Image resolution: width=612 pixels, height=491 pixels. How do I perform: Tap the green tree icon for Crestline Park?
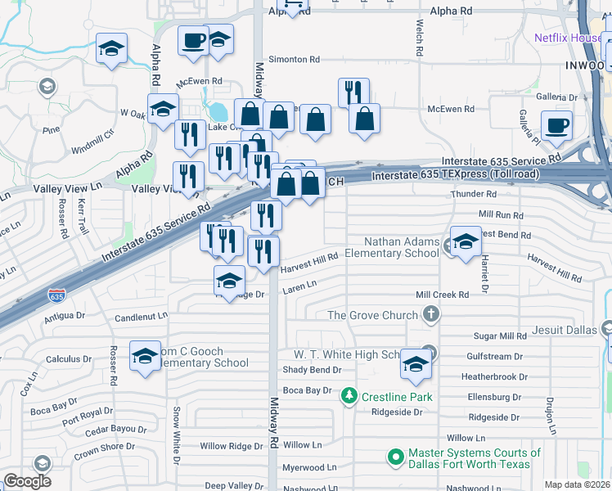click(x=349, y=396)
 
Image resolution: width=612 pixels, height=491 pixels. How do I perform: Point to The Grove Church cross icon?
click(x=430, y=314)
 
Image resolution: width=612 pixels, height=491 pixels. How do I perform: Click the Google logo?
click(x=27, y=481)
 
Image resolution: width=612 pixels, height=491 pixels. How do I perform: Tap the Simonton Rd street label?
click(x=295, y=60)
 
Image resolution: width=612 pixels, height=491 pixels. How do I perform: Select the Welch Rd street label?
click(x=420, y=38)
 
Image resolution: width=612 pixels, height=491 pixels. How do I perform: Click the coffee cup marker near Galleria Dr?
click(x=556, y=127)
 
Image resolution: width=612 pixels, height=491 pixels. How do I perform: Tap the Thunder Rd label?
click(x=474, y=195)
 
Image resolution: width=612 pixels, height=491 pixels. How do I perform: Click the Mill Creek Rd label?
click(x=442, y=295)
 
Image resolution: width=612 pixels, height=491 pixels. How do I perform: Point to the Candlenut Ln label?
click(x=141, y=315)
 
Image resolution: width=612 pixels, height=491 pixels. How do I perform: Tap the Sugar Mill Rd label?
click(x=500, y=336)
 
